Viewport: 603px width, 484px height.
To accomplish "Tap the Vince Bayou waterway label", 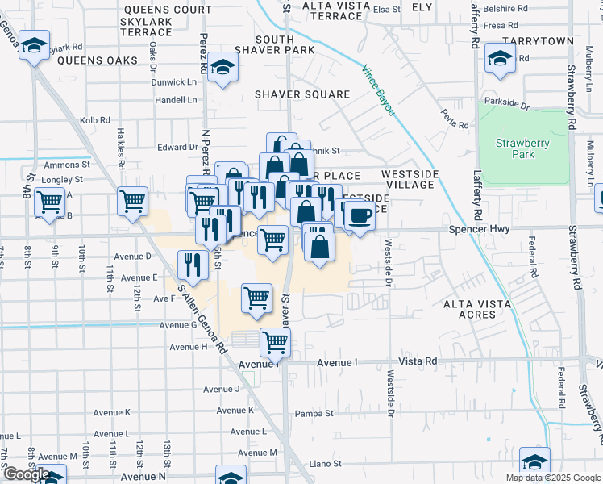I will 378,90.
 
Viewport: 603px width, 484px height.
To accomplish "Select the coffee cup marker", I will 360,215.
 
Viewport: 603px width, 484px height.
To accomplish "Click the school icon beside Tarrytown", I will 501,58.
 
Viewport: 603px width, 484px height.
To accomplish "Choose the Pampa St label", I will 314,414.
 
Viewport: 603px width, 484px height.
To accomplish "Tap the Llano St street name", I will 326,464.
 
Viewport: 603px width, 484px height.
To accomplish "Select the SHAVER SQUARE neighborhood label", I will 302,94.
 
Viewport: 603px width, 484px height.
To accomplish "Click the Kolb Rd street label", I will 94,120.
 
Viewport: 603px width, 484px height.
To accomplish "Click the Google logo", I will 26,474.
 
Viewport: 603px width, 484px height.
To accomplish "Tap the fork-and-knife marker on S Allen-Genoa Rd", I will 193,263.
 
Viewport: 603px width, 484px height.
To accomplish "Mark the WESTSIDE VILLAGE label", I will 410,179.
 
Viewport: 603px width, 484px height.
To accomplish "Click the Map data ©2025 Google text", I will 552,478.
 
